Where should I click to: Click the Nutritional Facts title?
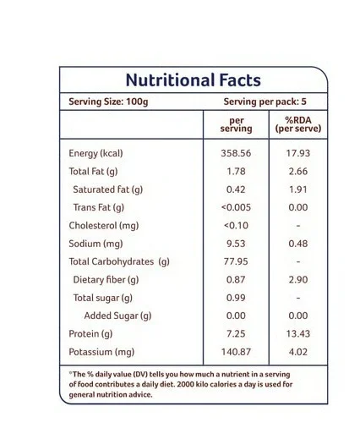pyautogui.click(x=194, y=80)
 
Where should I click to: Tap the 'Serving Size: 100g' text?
pyautogui.click(x=108, y=102)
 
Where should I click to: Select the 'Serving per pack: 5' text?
pyautogui.click(x=265, y=102)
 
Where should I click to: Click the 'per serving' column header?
pyautogui.click(x=236, y=124)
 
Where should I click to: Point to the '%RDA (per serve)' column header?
pyautogui.click(x=298, y=124)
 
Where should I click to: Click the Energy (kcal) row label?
pyautogui.click(x=95, y=153)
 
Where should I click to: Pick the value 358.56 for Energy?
pyautogui.click(x=236, y=153)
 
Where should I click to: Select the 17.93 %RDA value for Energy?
pyautogui.click(x=298, y=153)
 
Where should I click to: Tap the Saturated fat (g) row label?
pyautogui.click(x=108, y=189)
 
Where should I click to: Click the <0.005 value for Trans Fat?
pyautogui.click(x=236, y=207)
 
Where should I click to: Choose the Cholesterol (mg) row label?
pyautogui.click(x=104, y=226)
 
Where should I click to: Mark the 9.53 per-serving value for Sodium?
pyautogui.click(x=236, y=244)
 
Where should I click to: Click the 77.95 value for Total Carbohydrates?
pyautogui.click(x=236, y=261)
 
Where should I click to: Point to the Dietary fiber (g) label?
pyautogui.click(x=106, y=280)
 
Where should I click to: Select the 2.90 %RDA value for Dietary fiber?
pyautogui.click(x=298, y=280)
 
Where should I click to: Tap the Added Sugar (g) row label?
pyautogui.click(x=117, y=316)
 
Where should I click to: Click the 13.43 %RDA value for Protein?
pyautogui.click(x=298, y=334)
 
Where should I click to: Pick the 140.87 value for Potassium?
pyautogui.click(x=236, y=352)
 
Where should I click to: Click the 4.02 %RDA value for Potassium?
pyautogui.click(x=298, y=352)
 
